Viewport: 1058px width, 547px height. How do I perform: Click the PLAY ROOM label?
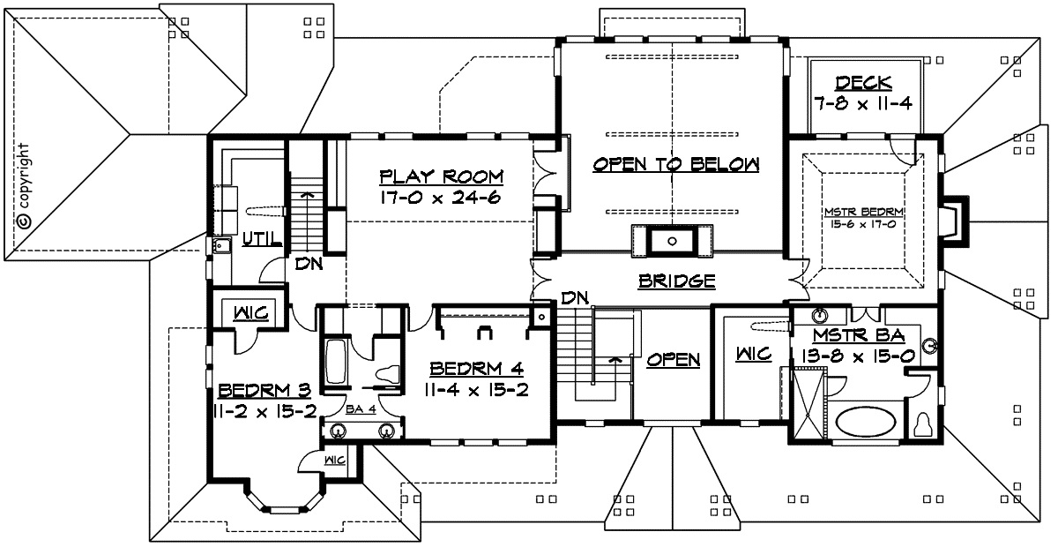pyautogui.click(x=442, y=176)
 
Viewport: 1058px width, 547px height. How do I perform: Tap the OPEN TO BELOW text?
pyautogui.click(x=676, y=164)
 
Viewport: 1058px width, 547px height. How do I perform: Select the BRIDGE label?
pyautogui.click(x=677, y=281)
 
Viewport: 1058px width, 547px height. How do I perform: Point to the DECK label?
pyautogui.click(x=863, y=83)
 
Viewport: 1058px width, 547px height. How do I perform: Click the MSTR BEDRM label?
pyautogui.click(x=864, y=212)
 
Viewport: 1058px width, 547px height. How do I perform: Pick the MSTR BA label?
pyautogui.click(x=859, y=335)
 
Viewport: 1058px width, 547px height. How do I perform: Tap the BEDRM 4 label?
pyautogui.click(x=476, y=368)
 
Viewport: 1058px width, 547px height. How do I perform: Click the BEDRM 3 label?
pyautogui.click(x=264, y=391)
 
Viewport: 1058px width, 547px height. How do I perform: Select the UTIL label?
pyautogui.click(x=262, y=239)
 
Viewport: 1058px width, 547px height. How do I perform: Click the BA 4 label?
pyautogui.click(x=361, y=409)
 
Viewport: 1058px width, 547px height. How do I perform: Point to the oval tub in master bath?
pyautogui.click(x=865, y=422)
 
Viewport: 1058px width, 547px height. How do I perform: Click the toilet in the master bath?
pyautogui.click(x=921, y=424)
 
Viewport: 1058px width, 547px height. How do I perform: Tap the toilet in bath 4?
pyautogui.click(x=387, y=373)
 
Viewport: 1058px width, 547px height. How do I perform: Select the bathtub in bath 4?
pyautogui.click(x=336, y=362)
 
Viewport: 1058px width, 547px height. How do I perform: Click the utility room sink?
pyautogui.click(x=221, y=246)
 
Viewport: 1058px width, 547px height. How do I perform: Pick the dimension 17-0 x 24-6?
pyautogui.click(x=440, y=198)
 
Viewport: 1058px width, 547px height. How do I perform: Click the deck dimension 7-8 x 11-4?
pyautogui.click(x=863, y=103)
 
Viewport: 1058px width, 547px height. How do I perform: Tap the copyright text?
pyautogui.click(x=24, y=186)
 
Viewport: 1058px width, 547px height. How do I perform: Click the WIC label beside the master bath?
pyautogui.click(x=754, y=354)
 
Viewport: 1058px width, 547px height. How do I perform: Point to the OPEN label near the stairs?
pyautogui.click(x=674, y=360)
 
